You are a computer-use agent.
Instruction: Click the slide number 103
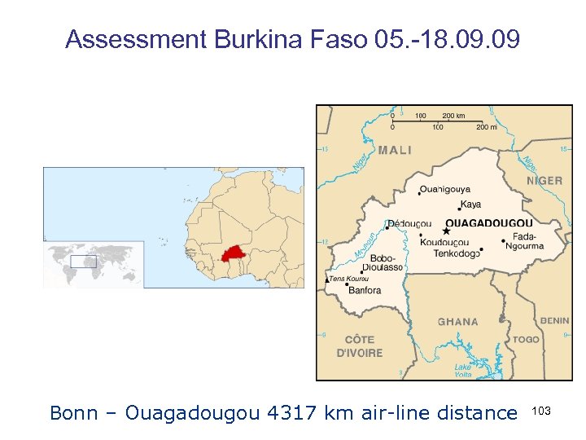541,411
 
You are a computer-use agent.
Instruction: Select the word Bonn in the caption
72,413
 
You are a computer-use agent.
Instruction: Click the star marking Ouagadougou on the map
446,231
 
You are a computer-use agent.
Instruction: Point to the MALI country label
395,150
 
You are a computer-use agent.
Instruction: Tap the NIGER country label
544,180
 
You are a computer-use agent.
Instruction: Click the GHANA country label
458,322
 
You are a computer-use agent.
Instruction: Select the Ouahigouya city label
446,190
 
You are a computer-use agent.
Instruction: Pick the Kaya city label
470,205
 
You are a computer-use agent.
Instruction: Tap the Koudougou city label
444,242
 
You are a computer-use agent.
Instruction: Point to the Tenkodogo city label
457,253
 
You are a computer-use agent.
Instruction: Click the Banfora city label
365,290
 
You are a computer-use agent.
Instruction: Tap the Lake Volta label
462,371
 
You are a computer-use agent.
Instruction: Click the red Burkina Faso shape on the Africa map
235,253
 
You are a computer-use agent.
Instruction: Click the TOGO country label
526,339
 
